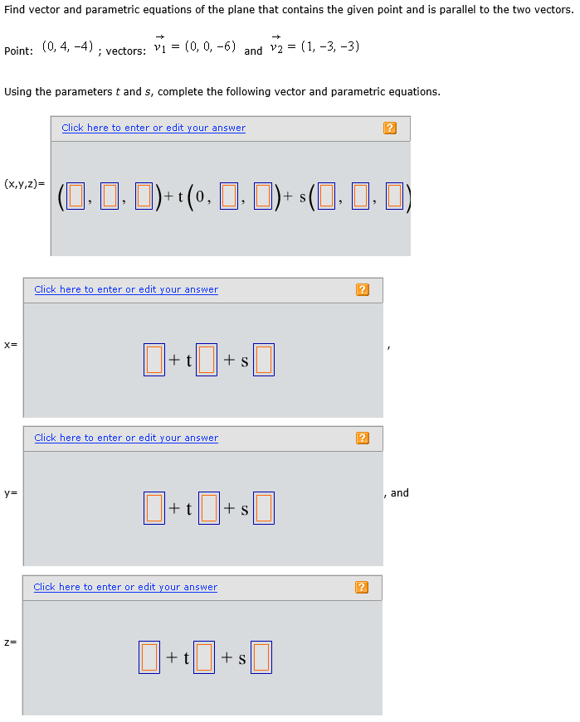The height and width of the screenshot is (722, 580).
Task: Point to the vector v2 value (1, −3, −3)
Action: pos(329,46)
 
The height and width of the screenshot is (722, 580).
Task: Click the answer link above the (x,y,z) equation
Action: pos(154,128)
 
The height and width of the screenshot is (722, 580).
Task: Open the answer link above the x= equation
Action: pos(126,289)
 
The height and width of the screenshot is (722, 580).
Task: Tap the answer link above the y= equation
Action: pos(126,438)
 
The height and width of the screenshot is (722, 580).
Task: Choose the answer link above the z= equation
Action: pos(125,587)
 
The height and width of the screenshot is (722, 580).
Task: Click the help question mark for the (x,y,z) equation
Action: pos(390,128)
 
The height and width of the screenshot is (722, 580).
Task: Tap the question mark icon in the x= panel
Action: pos(362,289)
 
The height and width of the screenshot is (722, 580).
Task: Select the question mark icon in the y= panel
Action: pos(362,438)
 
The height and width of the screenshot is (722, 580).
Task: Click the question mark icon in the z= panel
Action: pos(361,587)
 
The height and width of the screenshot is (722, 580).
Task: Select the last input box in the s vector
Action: pos(394,196)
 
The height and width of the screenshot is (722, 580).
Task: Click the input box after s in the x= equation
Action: pos(263,360)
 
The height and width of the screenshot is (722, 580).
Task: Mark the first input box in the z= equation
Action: pos(150,657)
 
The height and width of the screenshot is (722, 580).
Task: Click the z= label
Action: pos(10,642)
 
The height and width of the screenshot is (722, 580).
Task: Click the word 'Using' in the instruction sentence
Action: pos(18,91)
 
